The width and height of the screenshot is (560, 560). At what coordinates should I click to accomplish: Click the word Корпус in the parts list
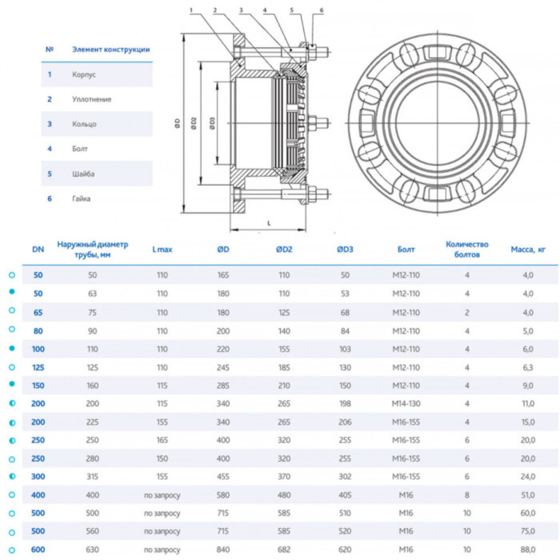[x=84, y=74]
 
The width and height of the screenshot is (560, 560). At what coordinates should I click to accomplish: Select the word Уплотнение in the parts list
[x=90, y=99]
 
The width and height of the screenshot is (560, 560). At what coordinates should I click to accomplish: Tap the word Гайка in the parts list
[x=82, y=198]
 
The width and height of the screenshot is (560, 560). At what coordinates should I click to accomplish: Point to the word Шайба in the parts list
[x=84, y=174]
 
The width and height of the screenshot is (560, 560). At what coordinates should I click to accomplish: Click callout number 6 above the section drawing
[x=322, y=10]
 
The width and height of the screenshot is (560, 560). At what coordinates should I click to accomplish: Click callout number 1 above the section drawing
[x=193, y=10]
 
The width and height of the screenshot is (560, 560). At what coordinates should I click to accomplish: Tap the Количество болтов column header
[x=467, y=250]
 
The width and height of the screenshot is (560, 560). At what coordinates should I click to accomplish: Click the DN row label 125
[x=38, y=367]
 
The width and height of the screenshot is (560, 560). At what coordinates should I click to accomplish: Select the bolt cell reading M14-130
[x=408, y=403]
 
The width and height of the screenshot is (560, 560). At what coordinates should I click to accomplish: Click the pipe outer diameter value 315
[x=90, y=476]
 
